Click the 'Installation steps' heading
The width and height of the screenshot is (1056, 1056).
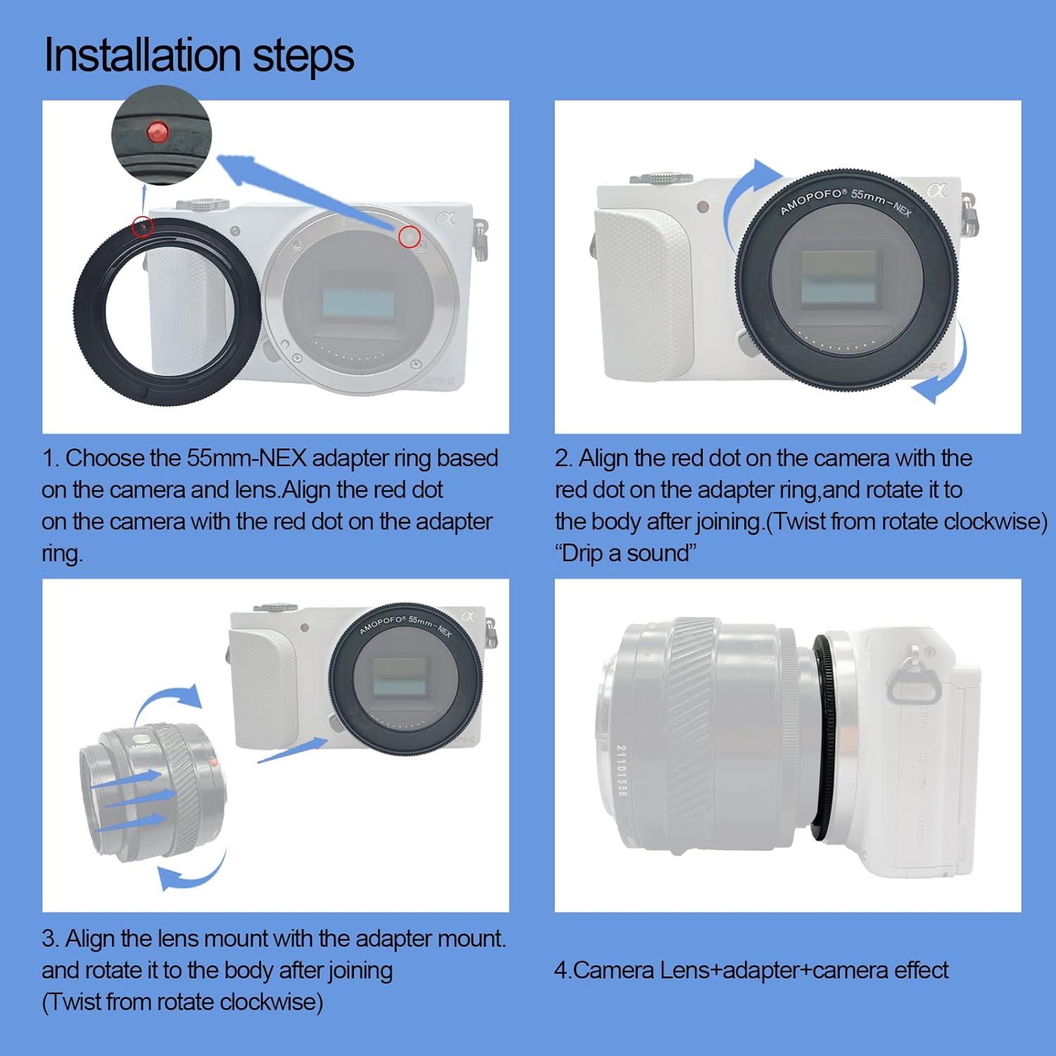pyautogui.click(x=199, y=55)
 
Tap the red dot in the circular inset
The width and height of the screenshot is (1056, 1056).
pyautogui.click(x=156, y=131)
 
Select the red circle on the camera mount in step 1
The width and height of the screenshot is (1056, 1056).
pyautogui.click(x=409, y=237)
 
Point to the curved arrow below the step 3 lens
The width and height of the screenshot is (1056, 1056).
pyautogui.click(x=190, y=873)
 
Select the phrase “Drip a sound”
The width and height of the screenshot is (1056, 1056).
pyautogui.click(x=626, y=553)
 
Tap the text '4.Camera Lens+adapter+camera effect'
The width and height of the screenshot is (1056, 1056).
pyautogui.click(x=751, y=970)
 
